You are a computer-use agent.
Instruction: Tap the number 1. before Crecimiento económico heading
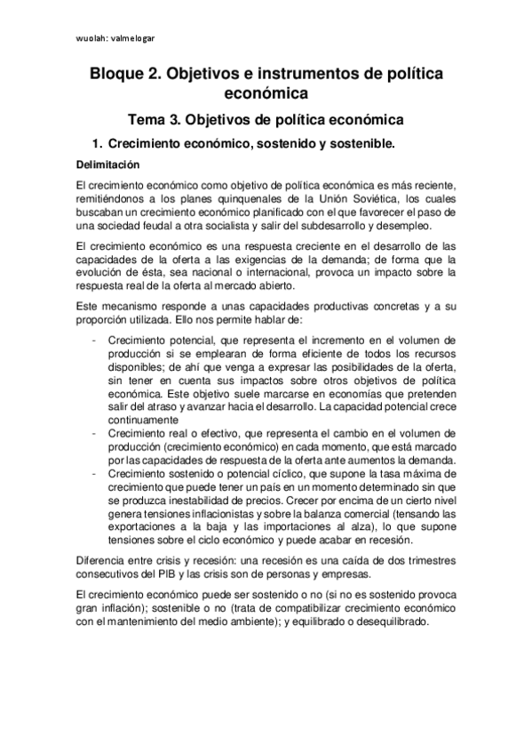tap(99, 143)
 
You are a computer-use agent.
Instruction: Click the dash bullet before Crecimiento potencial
tap(95, 341)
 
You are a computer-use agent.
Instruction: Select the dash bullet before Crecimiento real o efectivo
tap(95, 433)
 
